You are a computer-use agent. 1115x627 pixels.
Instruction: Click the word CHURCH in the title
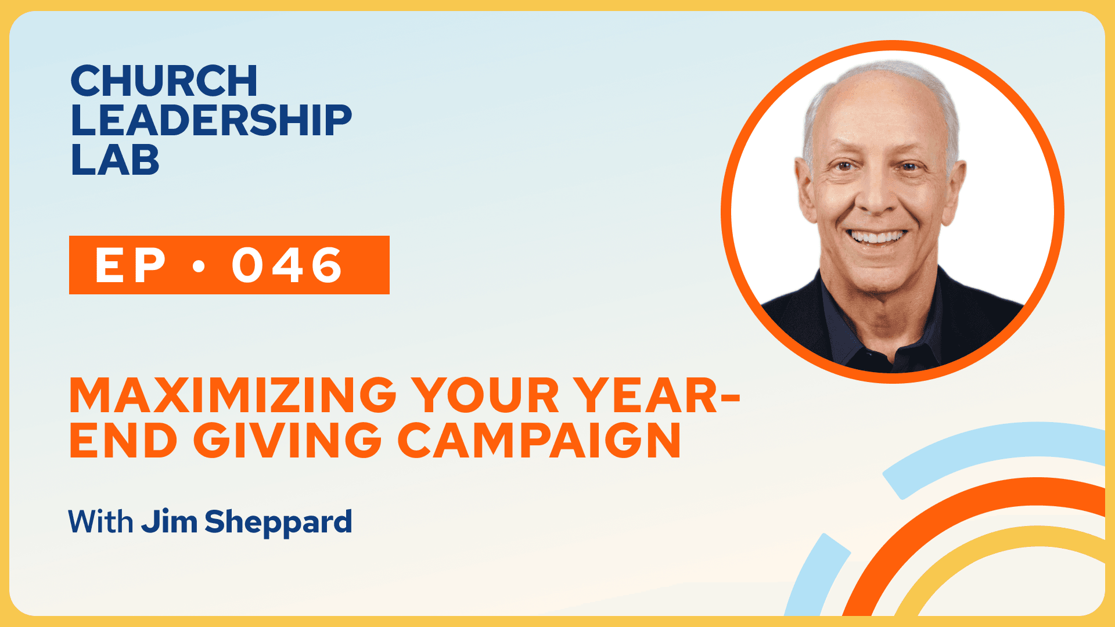(x=164, y=81)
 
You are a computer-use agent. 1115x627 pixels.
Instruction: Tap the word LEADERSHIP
(x=211, y=120)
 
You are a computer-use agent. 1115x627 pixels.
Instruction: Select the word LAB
(x=115, y=160)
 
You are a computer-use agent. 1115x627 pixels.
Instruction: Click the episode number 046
(x=287, y=265)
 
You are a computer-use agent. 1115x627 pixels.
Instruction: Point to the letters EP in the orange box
(x=131, y=265)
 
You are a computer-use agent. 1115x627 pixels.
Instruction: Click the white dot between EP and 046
(x=199, y=266)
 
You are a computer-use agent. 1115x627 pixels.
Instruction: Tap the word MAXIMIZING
(x=233, y=395)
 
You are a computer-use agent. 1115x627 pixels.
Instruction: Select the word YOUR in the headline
(x=485, y=395)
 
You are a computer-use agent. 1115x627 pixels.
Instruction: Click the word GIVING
(x=287, y=439)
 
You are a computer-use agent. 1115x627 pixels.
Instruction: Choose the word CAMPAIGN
(x=539, y=439)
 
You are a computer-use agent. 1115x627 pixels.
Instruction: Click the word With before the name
(x=100, y=521)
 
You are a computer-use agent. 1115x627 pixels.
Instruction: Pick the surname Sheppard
(x=278, y=522)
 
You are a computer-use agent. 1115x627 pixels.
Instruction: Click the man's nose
(x=877, y=194)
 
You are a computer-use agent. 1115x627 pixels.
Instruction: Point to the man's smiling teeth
(x=877, y=236)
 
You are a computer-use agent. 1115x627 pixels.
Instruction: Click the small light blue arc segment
(x=816, y=575)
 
